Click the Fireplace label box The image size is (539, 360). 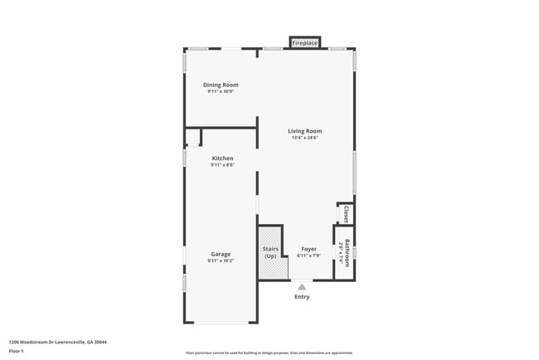click(x=304, y=42)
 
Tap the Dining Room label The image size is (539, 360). click(x=221, y=85)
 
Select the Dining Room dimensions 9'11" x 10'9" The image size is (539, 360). click(x=221, y=91)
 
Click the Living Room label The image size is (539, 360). click(x=304, y=131)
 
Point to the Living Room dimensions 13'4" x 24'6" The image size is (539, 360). click(x=304, y=138)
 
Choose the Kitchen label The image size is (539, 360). click(x=222, y=158)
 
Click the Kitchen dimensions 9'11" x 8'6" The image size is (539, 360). click(x=222, y=165)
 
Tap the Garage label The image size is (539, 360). click(x=221, y=254)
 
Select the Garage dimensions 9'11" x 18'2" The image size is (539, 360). click(x=221, y=261)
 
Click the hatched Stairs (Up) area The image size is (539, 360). click(x=270, y=251)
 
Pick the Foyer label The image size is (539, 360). click(x=308, y=248)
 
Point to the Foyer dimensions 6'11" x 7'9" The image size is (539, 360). click(x=308, y=255)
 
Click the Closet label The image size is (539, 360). click(x=346, y=215)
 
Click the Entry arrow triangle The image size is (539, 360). click(x=302, y=287)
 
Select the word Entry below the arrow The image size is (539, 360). click(x=302, y=297)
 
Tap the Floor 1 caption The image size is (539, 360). click(x=17, y=351)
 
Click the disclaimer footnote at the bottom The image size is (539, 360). click(x=269, y=353)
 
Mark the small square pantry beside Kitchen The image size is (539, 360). click(x=192, y=137)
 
